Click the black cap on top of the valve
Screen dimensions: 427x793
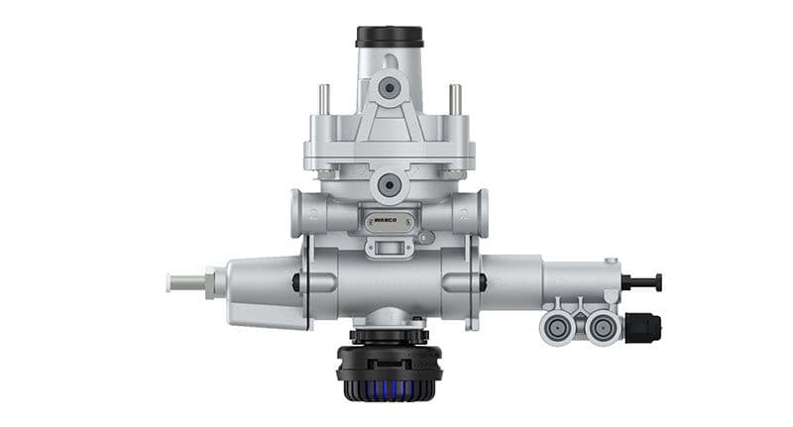[389, 37]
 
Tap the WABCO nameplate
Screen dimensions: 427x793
[389, 223]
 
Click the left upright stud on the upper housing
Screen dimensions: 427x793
[323, 100]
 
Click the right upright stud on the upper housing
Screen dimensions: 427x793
[455, 100]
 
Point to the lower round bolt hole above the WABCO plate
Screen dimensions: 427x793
[389, 184]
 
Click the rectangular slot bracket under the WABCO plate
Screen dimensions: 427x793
[389, 245]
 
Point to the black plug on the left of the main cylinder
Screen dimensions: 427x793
[296, 283]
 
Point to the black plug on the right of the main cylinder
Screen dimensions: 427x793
[483, 283]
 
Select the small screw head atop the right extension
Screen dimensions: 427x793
[612, 262]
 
